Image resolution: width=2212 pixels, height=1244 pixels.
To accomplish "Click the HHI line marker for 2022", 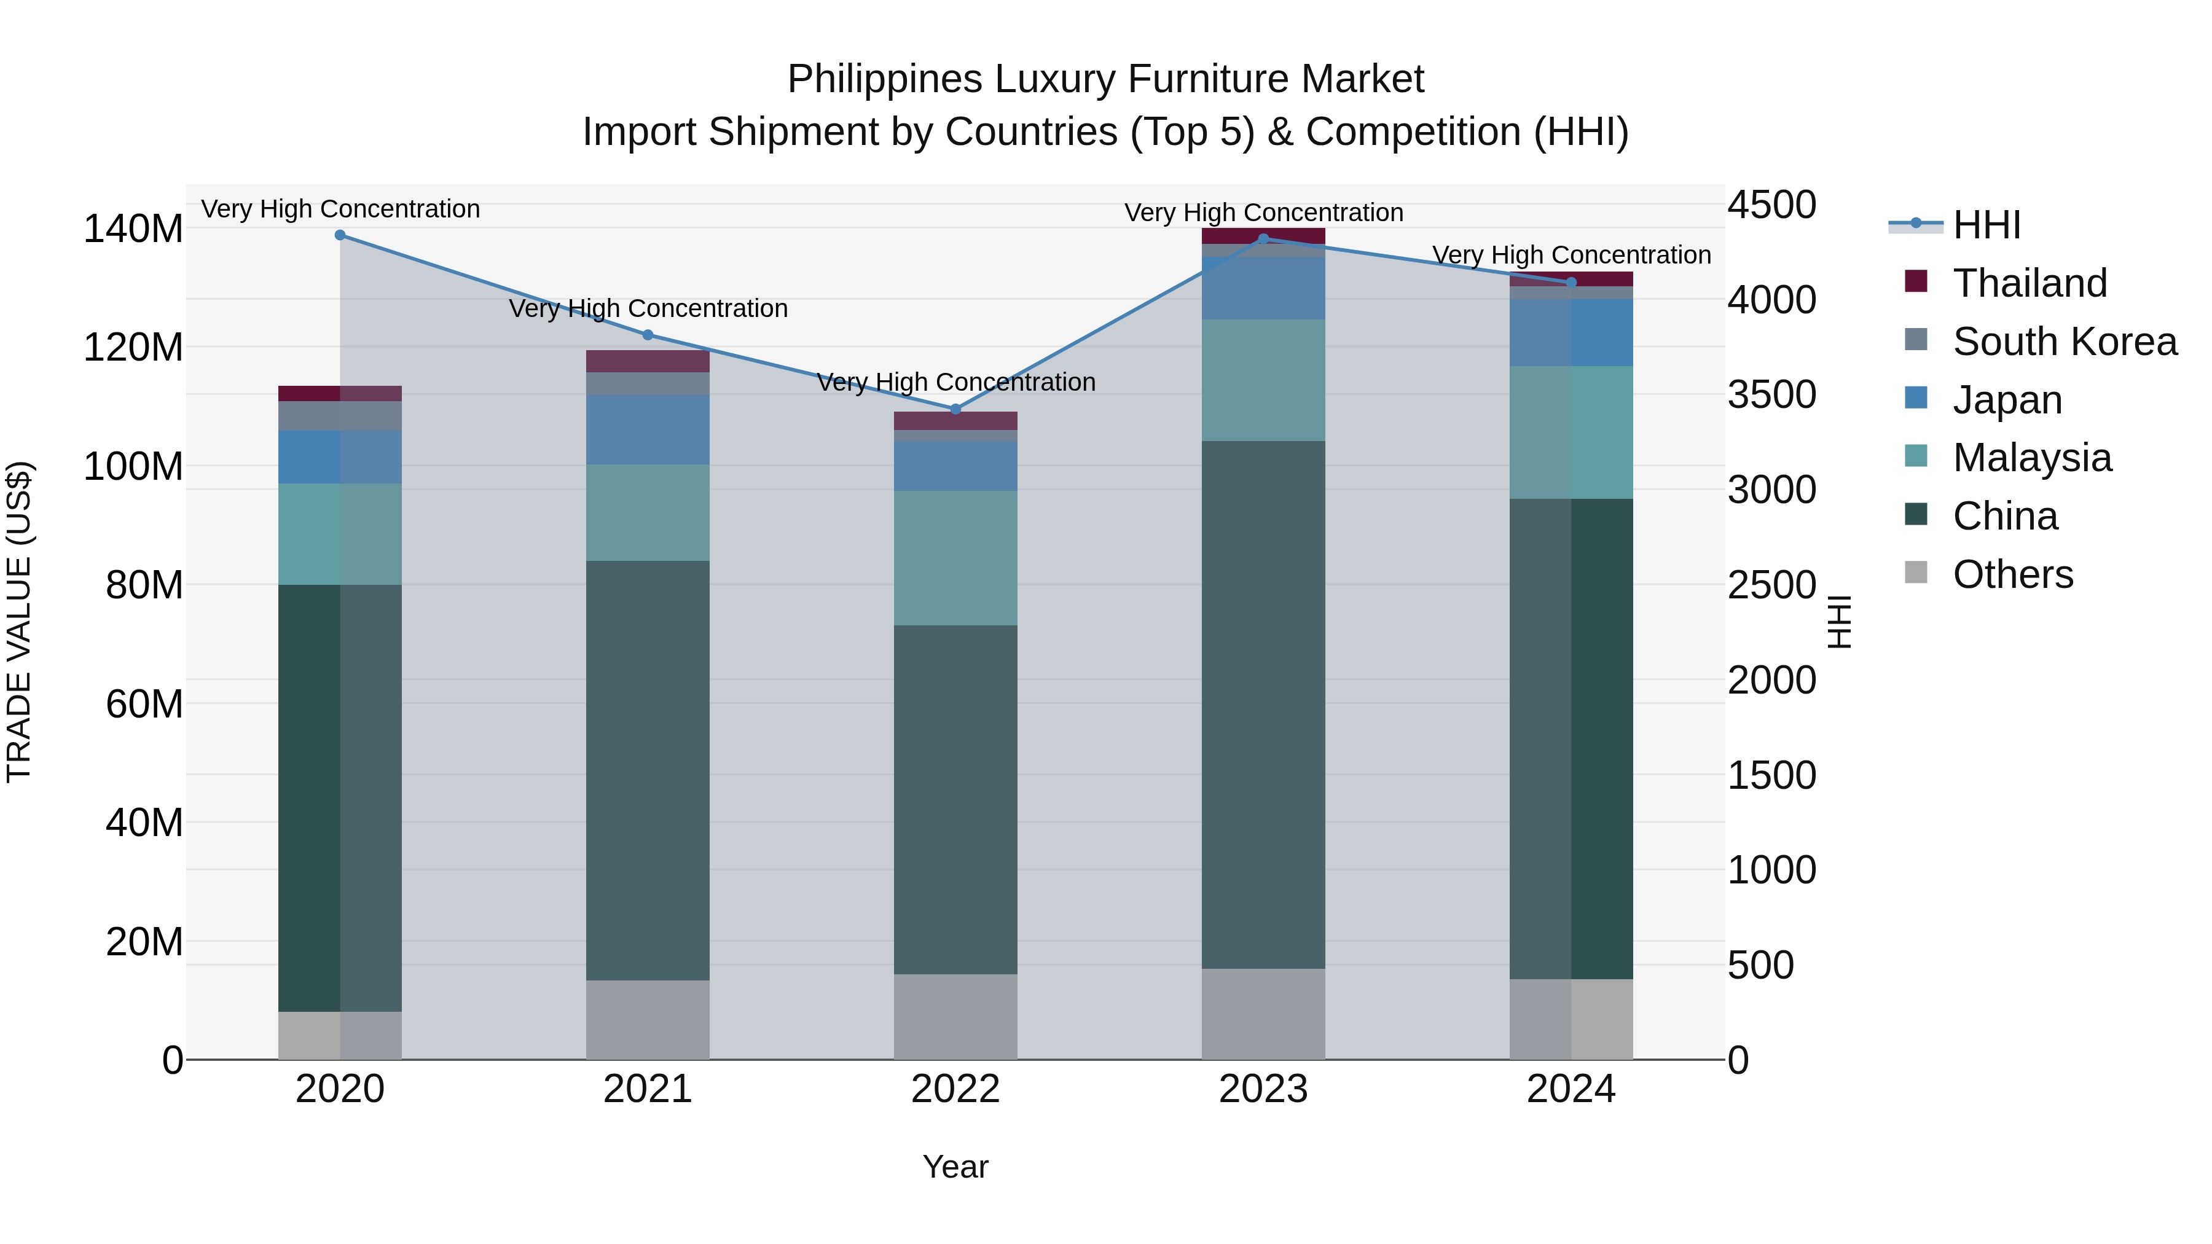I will click(x=955, y=410).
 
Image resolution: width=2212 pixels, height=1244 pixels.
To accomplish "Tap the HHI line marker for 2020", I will click(x=340, y=235).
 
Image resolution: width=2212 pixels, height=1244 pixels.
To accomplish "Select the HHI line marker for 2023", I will click(x=1263, y=240).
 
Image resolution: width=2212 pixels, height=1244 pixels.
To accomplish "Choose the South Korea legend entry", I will click(x=2065, y=342).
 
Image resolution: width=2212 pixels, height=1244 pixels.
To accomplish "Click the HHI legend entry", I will click(x=1986, y=225).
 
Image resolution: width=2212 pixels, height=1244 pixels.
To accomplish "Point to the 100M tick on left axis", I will click(x=133, y=467).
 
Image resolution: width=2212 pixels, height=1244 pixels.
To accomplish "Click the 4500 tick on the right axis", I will click(x=1771, y=205).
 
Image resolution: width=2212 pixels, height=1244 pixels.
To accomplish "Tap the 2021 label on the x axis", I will click(x=648, y=1089).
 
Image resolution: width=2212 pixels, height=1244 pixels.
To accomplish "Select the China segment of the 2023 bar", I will click(x=1263, y=704).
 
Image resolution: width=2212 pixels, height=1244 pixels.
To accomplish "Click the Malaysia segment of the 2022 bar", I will click(x=955, y=558).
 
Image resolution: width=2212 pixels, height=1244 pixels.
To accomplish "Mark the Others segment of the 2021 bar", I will click(x=648, y=1020).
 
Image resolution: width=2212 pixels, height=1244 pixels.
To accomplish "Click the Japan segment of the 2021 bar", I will click(x=648, y=430).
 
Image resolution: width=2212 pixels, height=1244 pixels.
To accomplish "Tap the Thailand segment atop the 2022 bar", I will click(x=955, y=421).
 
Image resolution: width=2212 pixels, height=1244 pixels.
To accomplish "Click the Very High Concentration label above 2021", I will click(x=648, y=308).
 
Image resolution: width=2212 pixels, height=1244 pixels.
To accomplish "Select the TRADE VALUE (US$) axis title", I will click(x=19, y=622).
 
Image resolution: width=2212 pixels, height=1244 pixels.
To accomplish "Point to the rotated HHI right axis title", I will click(x=1839, y=622).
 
